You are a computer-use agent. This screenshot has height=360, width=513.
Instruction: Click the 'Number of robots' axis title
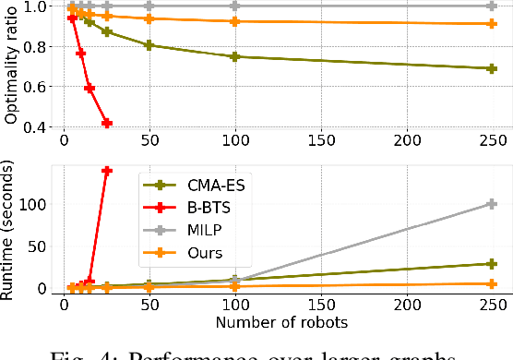268,323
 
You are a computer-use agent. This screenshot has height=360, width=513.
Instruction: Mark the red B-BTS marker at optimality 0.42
106,123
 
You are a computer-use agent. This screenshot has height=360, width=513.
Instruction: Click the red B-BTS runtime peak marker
106,171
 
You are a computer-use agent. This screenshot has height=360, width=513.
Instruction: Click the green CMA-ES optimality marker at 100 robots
235,56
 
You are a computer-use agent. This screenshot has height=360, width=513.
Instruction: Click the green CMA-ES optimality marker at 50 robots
149,44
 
